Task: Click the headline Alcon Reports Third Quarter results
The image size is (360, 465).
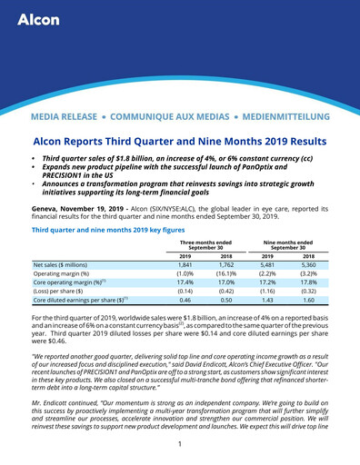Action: tap(179, 142)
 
